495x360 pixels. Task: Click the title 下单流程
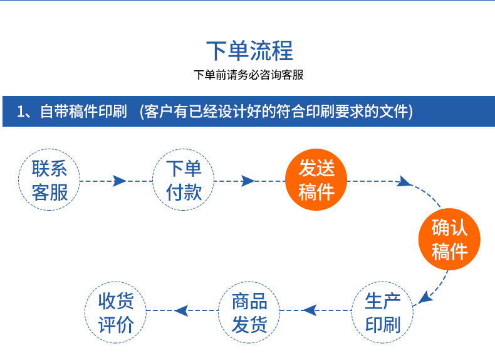[249, 50]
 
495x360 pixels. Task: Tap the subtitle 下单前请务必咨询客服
[249, 75]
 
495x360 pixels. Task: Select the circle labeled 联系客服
[49, 180]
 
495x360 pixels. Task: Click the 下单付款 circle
[184, 180]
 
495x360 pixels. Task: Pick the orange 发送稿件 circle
[316, 180]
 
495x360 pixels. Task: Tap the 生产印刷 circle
[382, 312]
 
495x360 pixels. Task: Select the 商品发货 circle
[249, 312]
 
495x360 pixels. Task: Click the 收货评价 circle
[116, 312]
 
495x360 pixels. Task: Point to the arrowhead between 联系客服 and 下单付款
[119, 181]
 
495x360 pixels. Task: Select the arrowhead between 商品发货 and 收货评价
[182, 310]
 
